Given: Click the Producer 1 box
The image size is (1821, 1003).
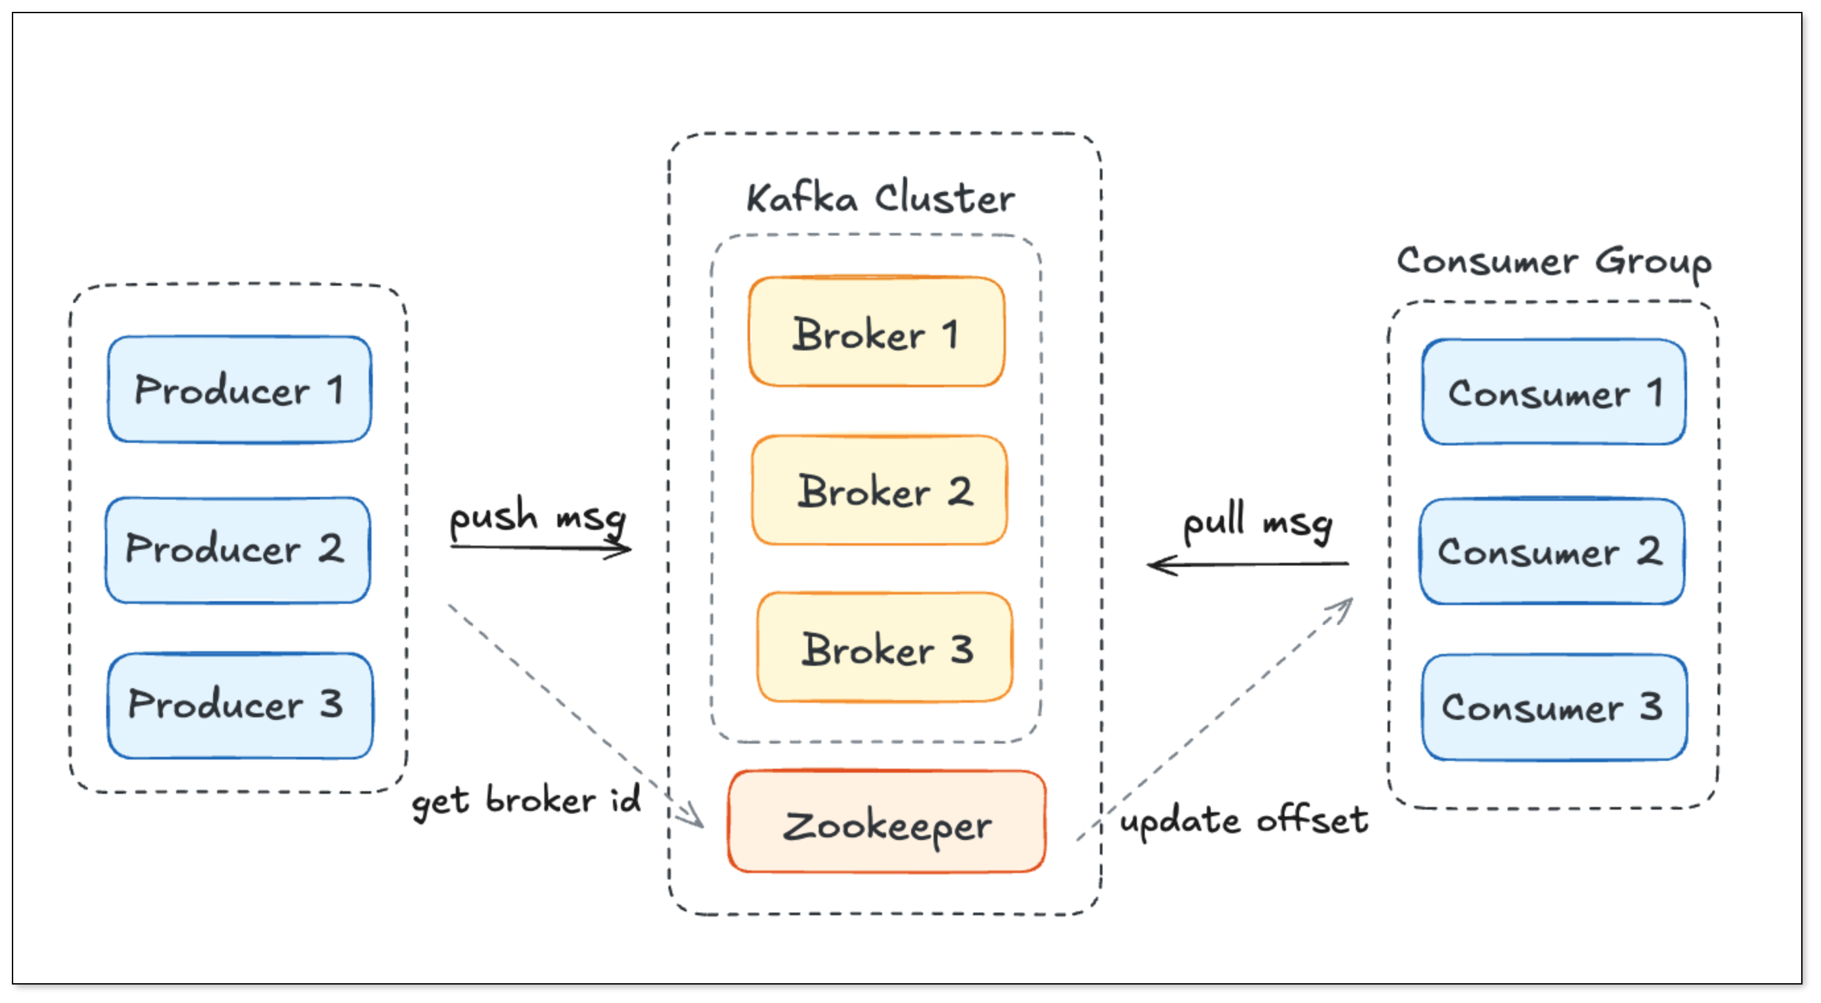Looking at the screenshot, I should (240, 389).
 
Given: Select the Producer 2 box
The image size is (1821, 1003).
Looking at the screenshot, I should (238, 550).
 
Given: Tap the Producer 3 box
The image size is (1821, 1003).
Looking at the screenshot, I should (240, 705).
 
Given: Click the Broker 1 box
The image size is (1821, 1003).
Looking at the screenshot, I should (877, 332).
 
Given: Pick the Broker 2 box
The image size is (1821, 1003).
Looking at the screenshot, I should (880, 490).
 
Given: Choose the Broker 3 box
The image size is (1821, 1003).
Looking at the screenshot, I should (884, 647).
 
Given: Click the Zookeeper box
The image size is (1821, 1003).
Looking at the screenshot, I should (887, 822).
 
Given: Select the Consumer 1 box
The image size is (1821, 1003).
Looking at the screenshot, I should (1554, 393).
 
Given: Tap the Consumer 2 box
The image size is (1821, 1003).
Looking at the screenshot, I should (1552, 552).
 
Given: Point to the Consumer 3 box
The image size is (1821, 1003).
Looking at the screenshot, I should (1554, 707).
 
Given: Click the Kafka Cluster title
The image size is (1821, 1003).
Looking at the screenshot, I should (880, 198).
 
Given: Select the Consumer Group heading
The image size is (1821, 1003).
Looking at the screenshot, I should (1554, 261).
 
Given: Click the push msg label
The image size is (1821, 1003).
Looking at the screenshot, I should (538, 516).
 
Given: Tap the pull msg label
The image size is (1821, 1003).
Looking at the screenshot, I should (1258, 523).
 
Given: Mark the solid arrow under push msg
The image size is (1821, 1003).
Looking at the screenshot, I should (541, 548).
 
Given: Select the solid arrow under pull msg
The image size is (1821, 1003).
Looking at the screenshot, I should (1248, 565).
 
